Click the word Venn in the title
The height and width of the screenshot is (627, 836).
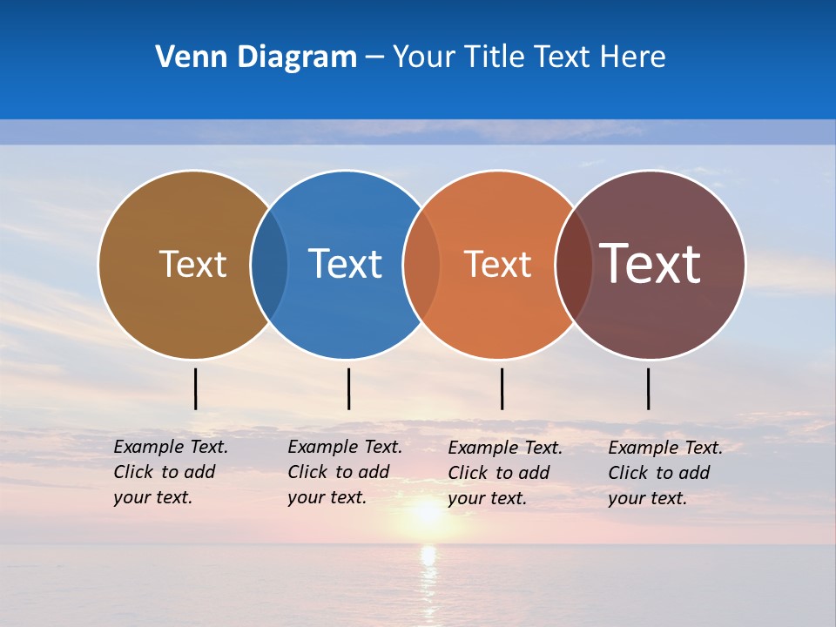click(x=185, y=57)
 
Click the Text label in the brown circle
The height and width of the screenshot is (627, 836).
click(x=192, y=264)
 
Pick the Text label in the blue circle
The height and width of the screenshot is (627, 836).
click(x=345, y=264)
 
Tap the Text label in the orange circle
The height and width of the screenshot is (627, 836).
click(x=497, y=264)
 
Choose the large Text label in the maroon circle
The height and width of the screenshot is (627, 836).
click(x=650, y=264)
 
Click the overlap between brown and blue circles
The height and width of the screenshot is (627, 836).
click(x=269, y=265)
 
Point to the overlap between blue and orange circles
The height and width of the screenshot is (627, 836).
click(x=421, y=265)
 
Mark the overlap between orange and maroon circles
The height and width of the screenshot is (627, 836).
click(x=574, y=265)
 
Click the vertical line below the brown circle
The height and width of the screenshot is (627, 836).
click(x=195, y=388)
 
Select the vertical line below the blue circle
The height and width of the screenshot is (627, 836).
click(x=348, y=388)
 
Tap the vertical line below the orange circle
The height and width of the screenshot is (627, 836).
click(x=502, y=388)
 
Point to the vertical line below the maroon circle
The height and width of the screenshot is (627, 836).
click(x=648, y=388)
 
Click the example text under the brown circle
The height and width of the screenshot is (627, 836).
click(x=170, y=472)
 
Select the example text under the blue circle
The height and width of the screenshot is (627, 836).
click(x=344, y=472)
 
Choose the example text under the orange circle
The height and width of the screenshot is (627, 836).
click(x=504, y=473)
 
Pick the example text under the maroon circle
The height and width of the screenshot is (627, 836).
click(x=664, y=473)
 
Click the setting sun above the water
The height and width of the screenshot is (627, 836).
click(x=427, y=512)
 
